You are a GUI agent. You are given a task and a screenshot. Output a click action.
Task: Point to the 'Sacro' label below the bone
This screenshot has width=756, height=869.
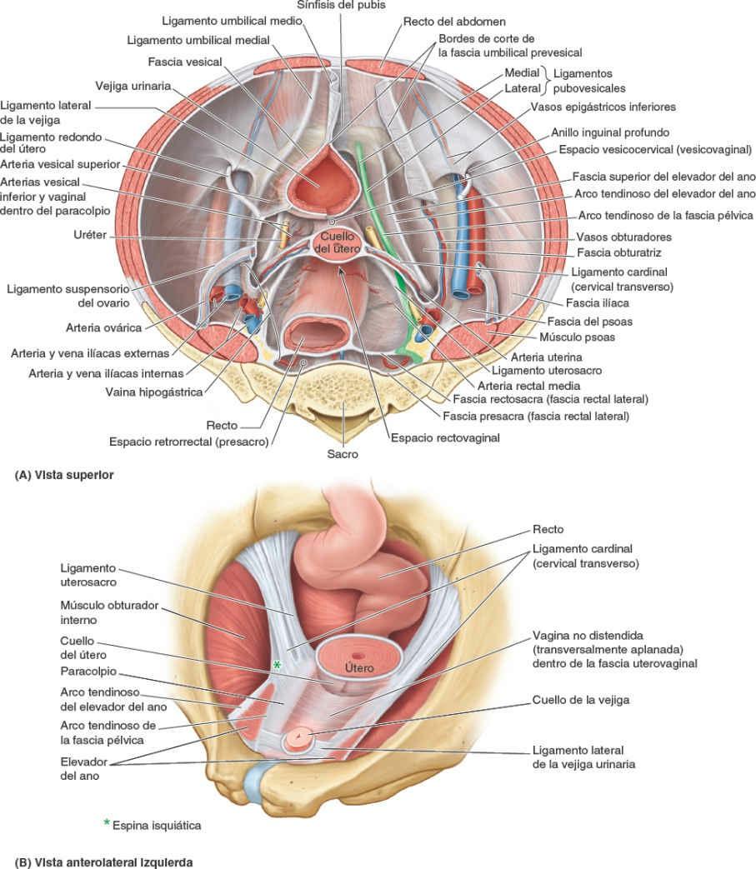click(x=343, y=454)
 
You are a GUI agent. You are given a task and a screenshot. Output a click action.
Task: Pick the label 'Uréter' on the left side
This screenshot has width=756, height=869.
click(x=90, y=235)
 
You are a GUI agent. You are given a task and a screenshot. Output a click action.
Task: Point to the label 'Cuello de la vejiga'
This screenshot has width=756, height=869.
click(x=581, y=700)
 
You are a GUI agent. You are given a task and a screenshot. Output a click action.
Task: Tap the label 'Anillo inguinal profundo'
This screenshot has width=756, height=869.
click(x=610, y=132)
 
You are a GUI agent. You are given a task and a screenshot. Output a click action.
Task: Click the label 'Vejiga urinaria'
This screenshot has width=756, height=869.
click(x=133, y=84)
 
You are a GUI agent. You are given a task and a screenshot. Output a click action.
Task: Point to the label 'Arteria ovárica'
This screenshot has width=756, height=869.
click(x=106, y=327)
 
